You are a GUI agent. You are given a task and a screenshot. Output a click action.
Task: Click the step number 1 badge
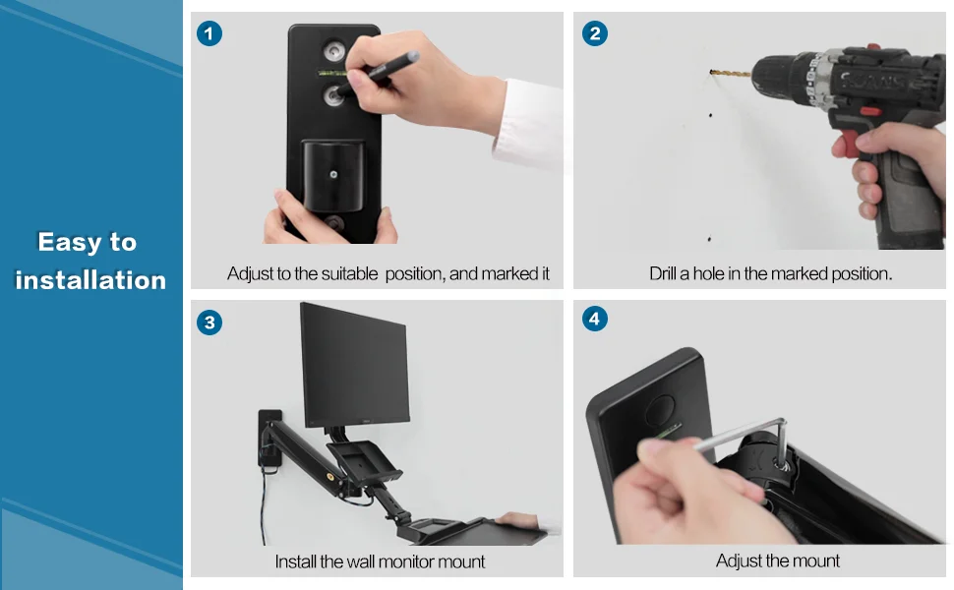point(209,33)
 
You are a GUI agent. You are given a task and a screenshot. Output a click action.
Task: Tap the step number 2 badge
point(595,33)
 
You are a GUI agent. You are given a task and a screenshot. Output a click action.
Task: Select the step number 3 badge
point(209,323)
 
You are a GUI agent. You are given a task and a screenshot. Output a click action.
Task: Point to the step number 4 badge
point(595,319)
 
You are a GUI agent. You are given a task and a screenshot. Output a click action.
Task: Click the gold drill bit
point(731,74)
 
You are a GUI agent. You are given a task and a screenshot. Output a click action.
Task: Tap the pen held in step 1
point(379,74)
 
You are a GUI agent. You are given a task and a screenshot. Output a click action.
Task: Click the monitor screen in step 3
point(354,365)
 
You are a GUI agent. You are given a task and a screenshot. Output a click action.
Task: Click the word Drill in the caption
point(662,273)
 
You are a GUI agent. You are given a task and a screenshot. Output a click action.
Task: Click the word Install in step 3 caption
point(294,561)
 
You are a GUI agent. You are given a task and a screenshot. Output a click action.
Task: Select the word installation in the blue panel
point(90,280)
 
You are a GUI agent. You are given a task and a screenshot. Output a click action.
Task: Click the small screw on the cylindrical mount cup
point(333,175)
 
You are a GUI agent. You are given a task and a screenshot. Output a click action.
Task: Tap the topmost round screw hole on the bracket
point(333,51)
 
